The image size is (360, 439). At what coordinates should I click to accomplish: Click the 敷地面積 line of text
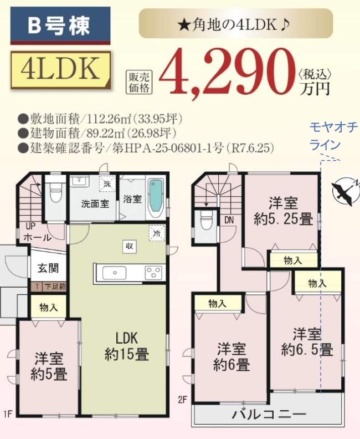100,119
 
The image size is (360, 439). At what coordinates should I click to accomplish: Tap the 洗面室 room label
94,203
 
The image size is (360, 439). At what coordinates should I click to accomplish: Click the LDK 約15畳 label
126,346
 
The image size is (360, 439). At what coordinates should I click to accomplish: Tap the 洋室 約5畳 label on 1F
49,366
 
